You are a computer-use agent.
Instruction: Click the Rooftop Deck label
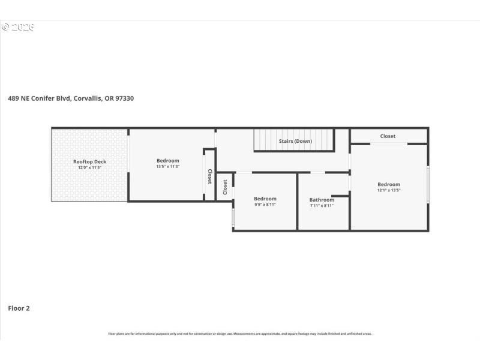point(89,161)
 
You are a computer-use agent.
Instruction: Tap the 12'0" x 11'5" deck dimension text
point(89,167)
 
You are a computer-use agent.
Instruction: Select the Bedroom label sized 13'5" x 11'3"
point(167,160)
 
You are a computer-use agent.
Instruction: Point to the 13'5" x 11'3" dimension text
point(167,166)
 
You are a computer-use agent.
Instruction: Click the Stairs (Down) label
point(295,141)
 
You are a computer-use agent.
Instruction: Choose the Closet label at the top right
point(388,136)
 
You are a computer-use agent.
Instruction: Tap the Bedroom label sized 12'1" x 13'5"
point(388,184)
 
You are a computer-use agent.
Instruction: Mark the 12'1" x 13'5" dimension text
point(388,190)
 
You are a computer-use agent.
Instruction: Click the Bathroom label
point(322,200)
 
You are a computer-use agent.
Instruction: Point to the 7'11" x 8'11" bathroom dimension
point(322,206)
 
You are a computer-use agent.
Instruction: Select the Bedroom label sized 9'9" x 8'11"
point(265,199)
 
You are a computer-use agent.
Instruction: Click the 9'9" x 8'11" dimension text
point(265,205)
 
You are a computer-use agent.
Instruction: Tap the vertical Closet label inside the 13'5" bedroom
point(209,176)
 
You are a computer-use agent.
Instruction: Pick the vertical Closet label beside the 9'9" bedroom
point(225,187)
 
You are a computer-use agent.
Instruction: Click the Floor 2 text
point(19,308)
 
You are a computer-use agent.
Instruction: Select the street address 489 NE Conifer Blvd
point(40,98)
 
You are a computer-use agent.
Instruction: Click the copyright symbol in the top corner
point(5,27)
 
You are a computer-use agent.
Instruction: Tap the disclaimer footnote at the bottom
point(239,334)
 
